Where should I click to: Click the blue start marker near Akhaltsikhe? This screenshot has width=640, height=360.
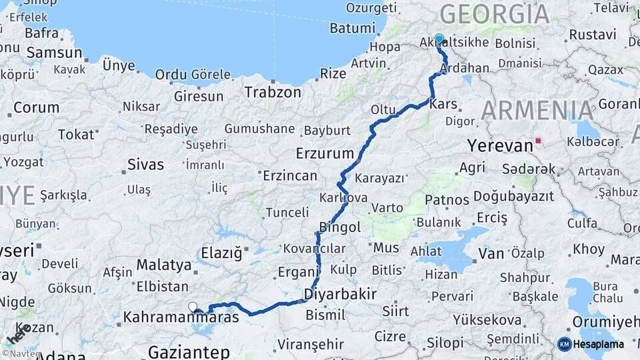coord(439,39)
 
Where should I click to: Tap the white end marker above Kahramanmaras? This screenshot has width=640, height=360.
coord(193,307)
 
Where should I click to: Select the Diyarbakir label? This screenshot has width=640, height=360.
coord(340,294)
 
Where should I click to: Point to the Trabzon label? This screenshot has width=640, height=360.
coord(273,92)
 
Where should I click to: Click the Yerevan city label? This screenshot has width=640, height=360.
coord(499,145)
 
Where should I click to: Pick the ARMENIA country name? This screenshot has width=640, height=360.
coord(537,110)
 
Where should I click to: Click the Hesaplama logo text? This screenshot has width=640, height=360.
coord(599,344)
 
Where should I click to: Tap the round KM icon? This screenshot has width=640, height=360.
coord(564,344)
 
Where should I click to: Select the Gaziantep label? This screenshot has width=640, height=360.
coord(189,351)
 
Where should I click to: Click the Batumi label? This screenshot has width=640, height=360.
coord(353,28)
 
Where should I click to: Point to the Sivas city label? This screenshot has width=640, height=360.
coord(145,164)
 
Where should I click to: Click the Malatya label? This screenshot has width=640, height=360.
coord(164,265)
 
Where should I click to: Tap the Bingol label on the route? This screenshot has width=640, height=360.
coord(340,227)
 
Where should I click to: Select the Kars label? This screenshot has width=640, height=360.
coord(443,105)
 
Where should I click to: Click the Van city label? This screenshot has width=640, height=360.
coord(491,253)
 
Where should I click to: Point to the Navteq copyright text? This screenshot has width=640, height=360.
coord(21,354)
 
